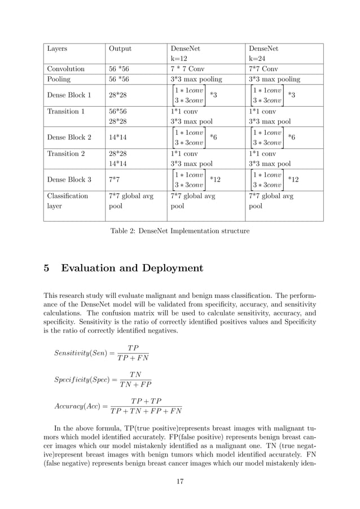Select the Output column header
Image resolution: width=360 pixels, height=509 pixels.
[120, 49]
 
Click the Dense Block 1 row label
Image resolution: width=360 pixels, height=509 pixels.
[69, 95]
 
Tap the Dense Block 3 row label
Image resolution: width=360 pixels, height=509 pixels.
[69, 179]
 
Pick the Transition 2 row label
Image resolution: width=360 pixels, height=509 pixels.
[65, 153]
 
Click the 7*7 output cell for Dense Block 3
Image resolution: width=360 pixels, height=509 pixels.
[113, 179]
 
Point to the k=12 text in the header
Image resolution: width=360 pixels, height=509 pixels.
[179, 58]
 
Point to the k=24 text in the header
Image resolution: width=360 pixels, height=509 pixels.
[258, 58]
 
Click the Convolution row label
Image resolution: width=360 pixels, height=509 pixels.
[65, 69]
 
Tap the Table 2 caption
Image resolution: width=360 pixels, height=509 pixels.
[179, 230]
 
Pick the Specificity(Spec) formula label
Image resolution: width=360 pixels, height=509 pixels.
[82, 380]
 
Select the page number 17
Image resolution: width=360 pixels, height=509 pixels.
[179, 481]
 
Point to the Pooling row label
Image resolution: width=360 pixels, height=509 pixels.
[59, 80]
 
